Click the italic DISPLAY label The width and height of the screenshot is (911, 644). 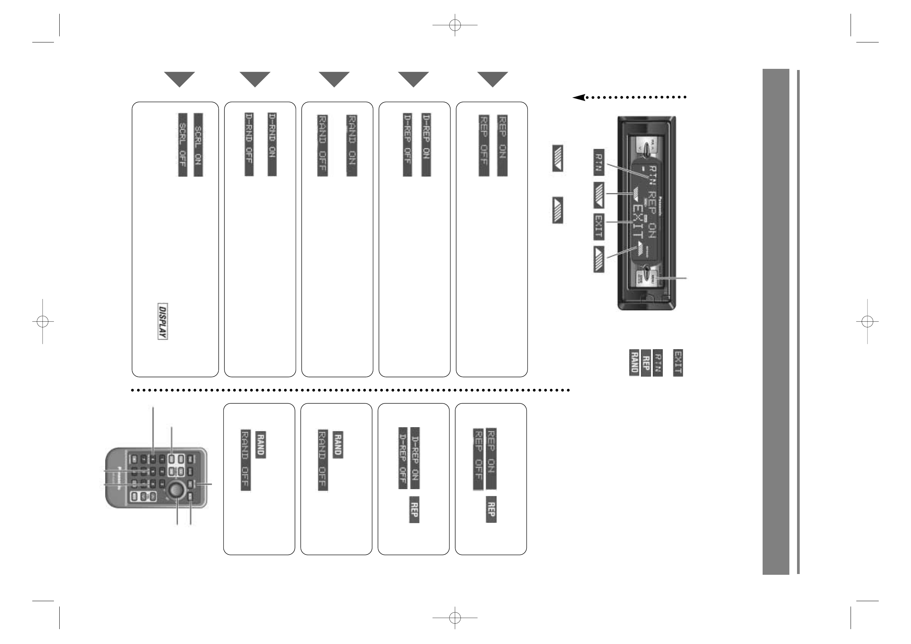click(x=162, y=321)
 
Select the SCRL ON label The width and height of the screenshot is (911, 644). click(x=198, y=145)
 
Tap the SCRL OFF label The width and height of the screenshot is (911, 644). click(x=182, y=145)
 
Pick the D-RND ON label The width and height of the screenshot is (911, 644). click(x=272, y=145)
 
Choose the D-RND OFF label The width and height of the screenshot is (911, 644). click(x=249, y=145)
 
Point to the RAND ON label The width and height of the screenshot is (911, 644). click(x=351, y=145)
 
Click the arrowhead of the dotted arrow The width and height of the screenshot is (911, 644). click(x=579, y=97)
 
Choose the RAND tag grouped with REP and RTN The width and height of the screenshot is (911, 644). click(x=634, y=363)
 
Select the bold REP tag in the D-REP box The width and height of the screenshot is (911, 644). click(x=414, y=510)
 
